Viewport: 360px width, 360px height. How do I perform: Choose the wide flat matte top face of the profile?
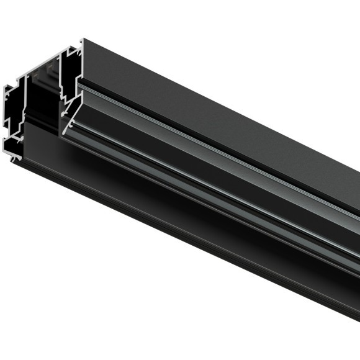pos(217,106)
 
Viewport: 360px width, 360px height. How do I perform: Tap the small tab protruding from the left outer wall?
pos(6,99)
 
